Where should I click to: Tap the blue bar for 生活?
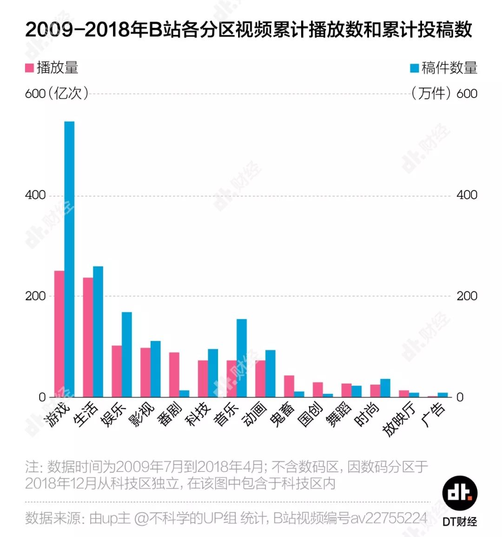pyautogui.click(x=98, y=332)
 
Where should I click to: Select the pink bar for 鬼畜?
pyautogui.click(x=289, y=386)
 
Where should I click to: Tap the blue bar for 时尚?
pyautogui.click(x=385, y=388)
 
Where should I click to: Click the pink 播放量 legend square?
pyautogui.click(x=29, y=68)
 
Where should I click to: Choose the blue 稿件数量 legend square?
pyautogui.click(x=414, y=68)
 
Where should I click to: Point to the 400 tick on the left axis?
pyautogui.click(x=35, y=195)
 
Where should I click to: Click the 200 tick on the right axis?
pyautogui.click(x=467, y=296)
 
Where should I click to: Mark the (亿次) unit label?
pyautogui.click(x=68, y=93)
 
